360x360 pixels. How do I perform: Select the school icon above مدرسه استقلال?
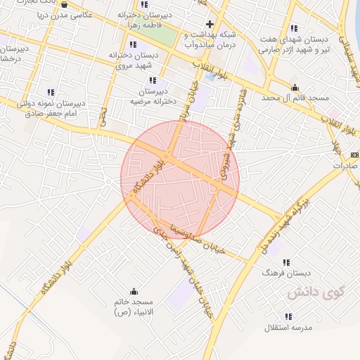[289, 316]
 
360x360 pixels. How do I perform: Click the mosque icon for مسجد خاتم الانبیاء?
[134, 291]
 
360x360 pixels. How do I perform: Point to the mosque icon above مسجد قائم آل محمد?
[295, 88]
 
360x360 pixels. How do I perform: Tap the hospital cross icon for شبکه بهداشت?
[210, 23]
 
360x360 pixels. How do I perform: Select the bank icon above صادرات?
[354, 153]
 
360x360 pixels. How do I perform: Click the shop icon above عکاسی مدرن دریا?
[65, 4]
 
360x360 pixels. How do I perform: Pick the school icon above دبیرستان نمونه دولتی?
[51, 92]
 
